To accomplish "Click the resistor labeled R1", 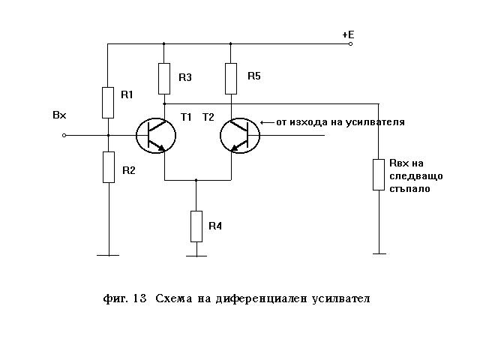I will (107, 102).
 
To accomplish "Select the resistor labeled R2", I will (107, 166).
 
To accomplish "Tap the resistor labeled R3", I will (165, 77).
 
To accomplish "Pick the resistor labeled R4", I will (196, 226).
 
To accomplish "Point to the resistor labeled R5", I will (231, 77).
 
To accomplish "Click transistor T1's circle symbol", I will (157, 136).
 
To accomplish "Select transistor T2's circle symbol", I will (240, 136).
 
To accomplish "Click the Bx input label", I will (59, 115).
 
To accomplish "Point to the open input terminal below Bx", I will (64, 136).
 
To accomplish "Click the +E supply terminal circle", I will (349, 43).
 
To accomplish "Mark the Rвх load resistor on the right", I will (379, 173).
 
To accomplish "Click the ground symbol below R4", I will (196, 256).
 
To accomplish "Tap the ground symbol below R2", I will (107, 256).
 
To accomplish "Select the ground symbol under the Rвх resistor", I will (379, 253).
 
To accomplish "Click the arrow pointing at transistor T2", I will (265, 121).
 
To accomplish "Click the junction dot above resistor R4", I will (196, 180).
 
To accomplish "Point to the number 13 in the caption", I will (139, 298).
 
